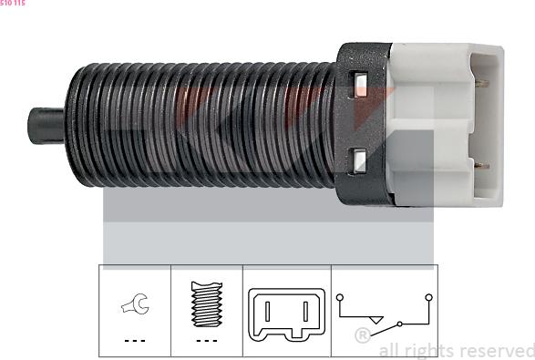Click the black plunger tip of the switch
click(46, 126)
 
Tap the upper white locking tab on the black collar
click(360, 85)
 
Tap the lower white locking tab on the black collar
click(359, 161)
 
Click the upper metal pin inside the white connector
click(481, 83)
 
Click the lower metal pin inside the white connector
click(481, 166)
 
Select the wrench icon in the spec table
click(135, 303)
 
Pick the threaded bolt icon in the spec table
click(207, 304)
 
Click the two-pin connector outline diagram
click(286, 314)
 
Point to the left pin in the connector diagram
click(268, 311)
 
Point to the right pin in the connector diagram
click(305, 311)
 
